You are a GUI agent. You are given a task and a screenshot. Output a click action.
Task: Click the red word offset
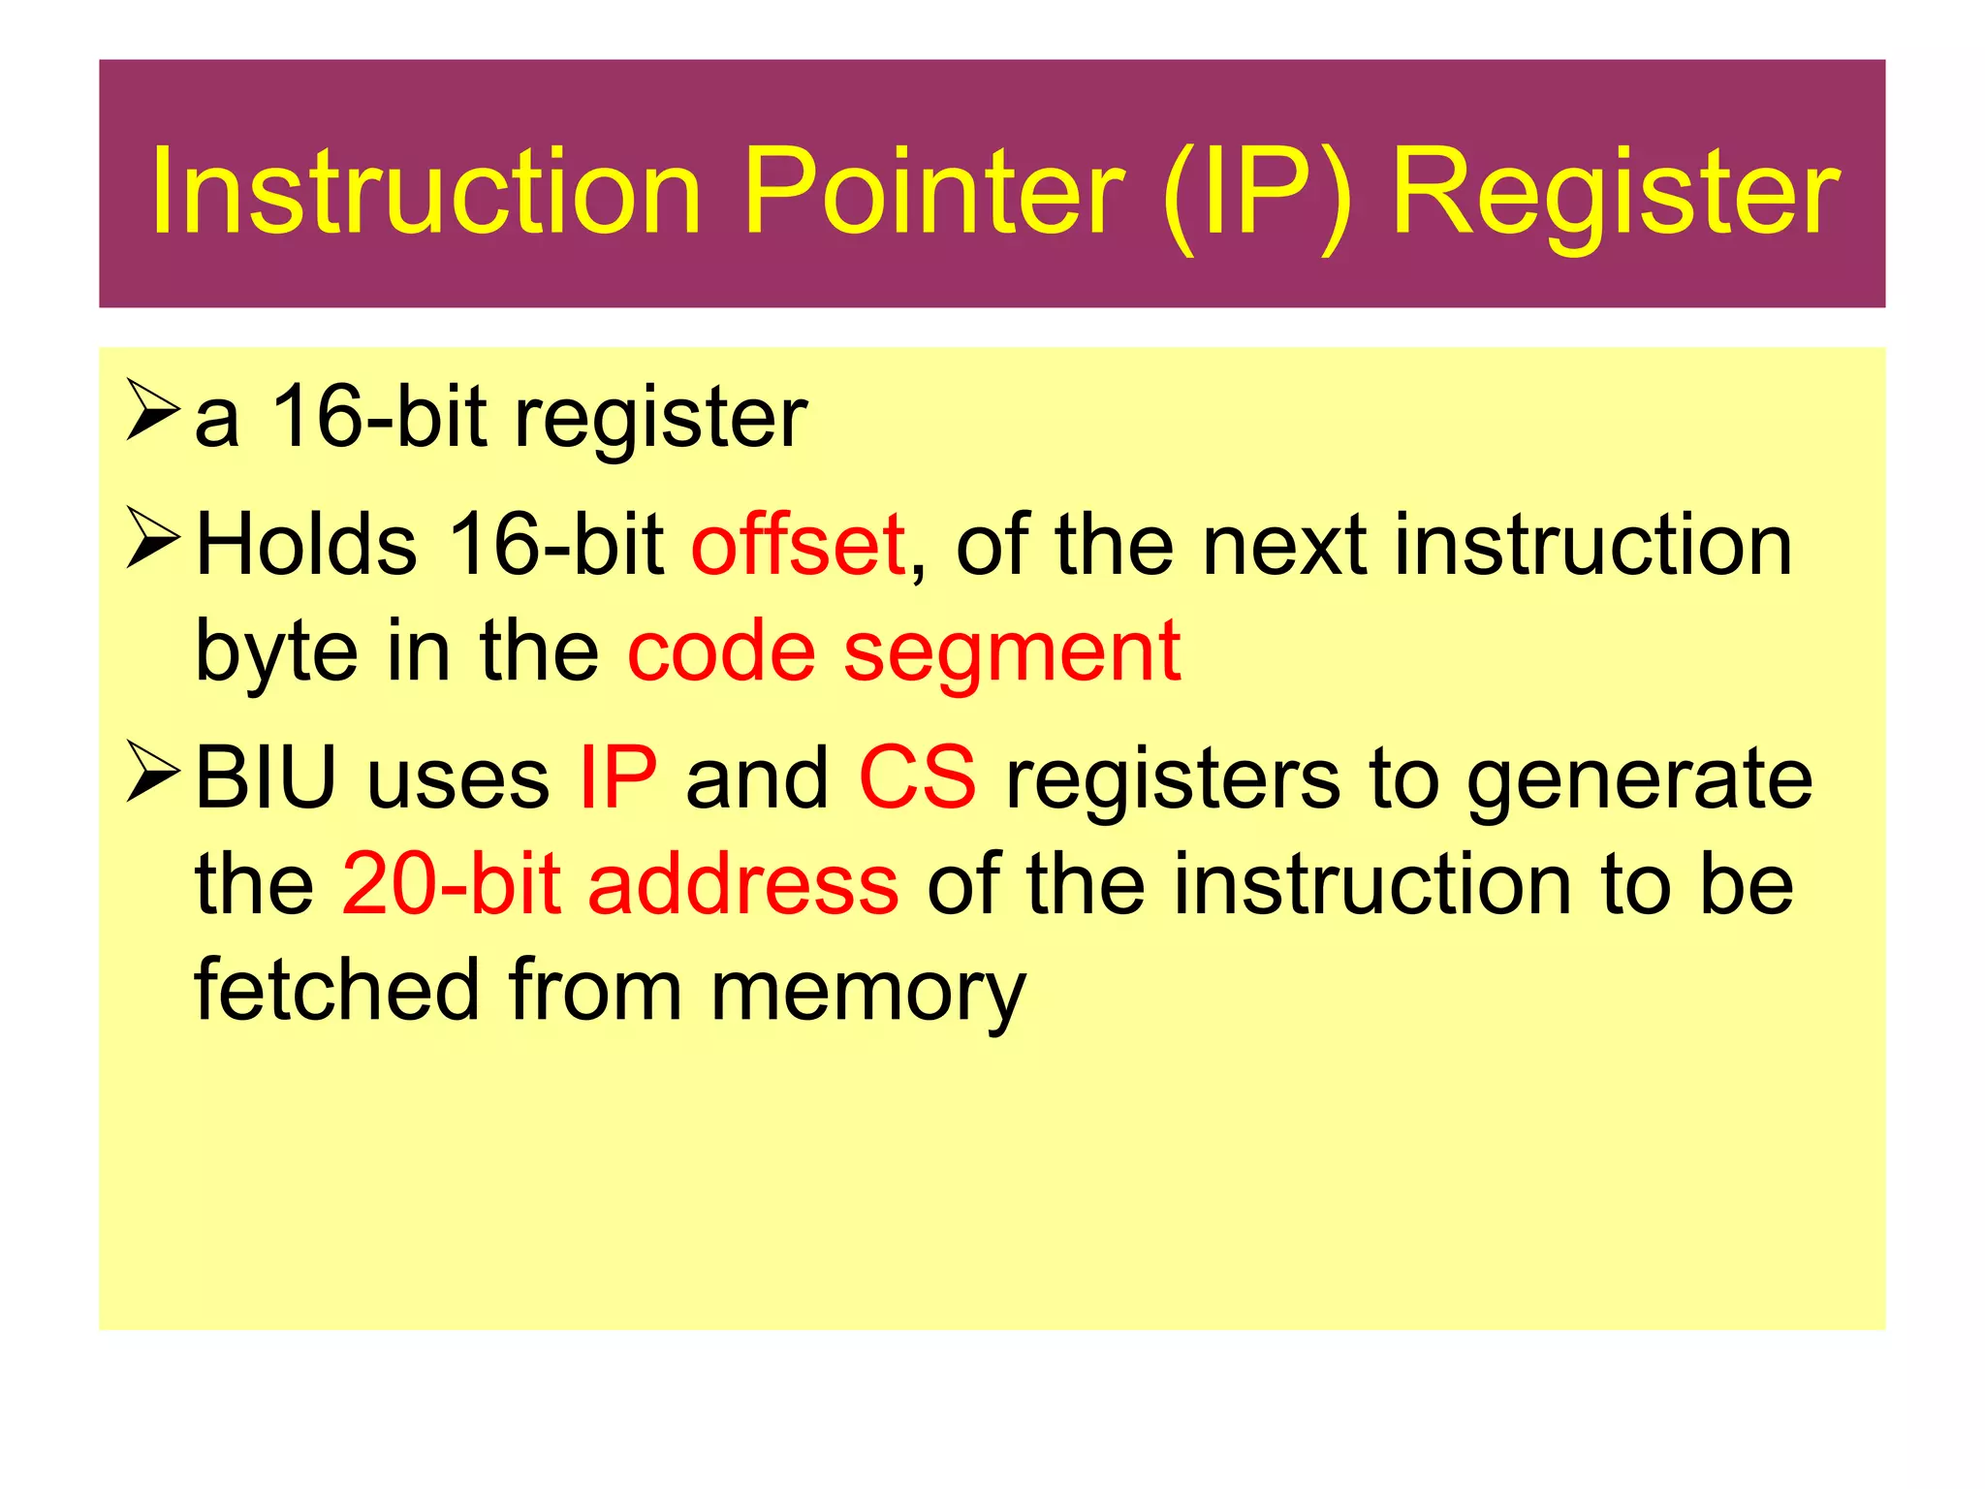[799, 545]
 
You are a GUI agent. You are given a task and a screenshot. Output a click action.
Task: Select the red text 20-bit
[451, 884]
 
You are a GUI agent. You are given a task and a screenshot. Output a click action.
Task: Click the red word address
[743, 884]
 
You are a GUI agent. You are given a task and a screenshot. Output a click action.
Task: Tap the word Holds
[306, 545]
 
